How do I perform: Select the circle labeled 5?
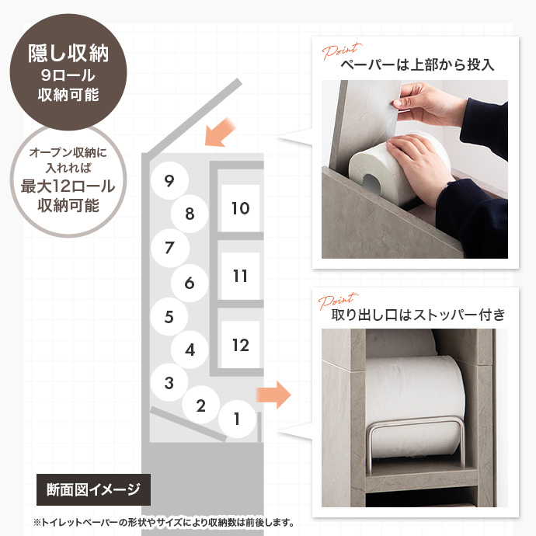[x=170, y=317]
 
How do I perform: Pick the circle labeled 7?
[x=170, y=249]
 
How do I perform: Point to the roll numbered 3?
[x=169, y=382]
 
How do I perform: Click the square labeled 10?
[x=240, y=208]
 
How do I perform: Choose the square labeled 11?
[x=240, y=276]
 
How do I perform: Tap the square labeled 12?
[x=240, y=345]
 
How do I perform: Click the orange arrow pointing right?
[x=273, y=395]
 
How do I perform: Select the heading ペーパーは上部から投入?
[x=417, y=65]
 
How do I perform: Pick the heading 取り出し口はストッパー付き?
[x=418, y=315]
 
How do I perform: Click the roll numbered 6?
[x=190, y=284]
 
